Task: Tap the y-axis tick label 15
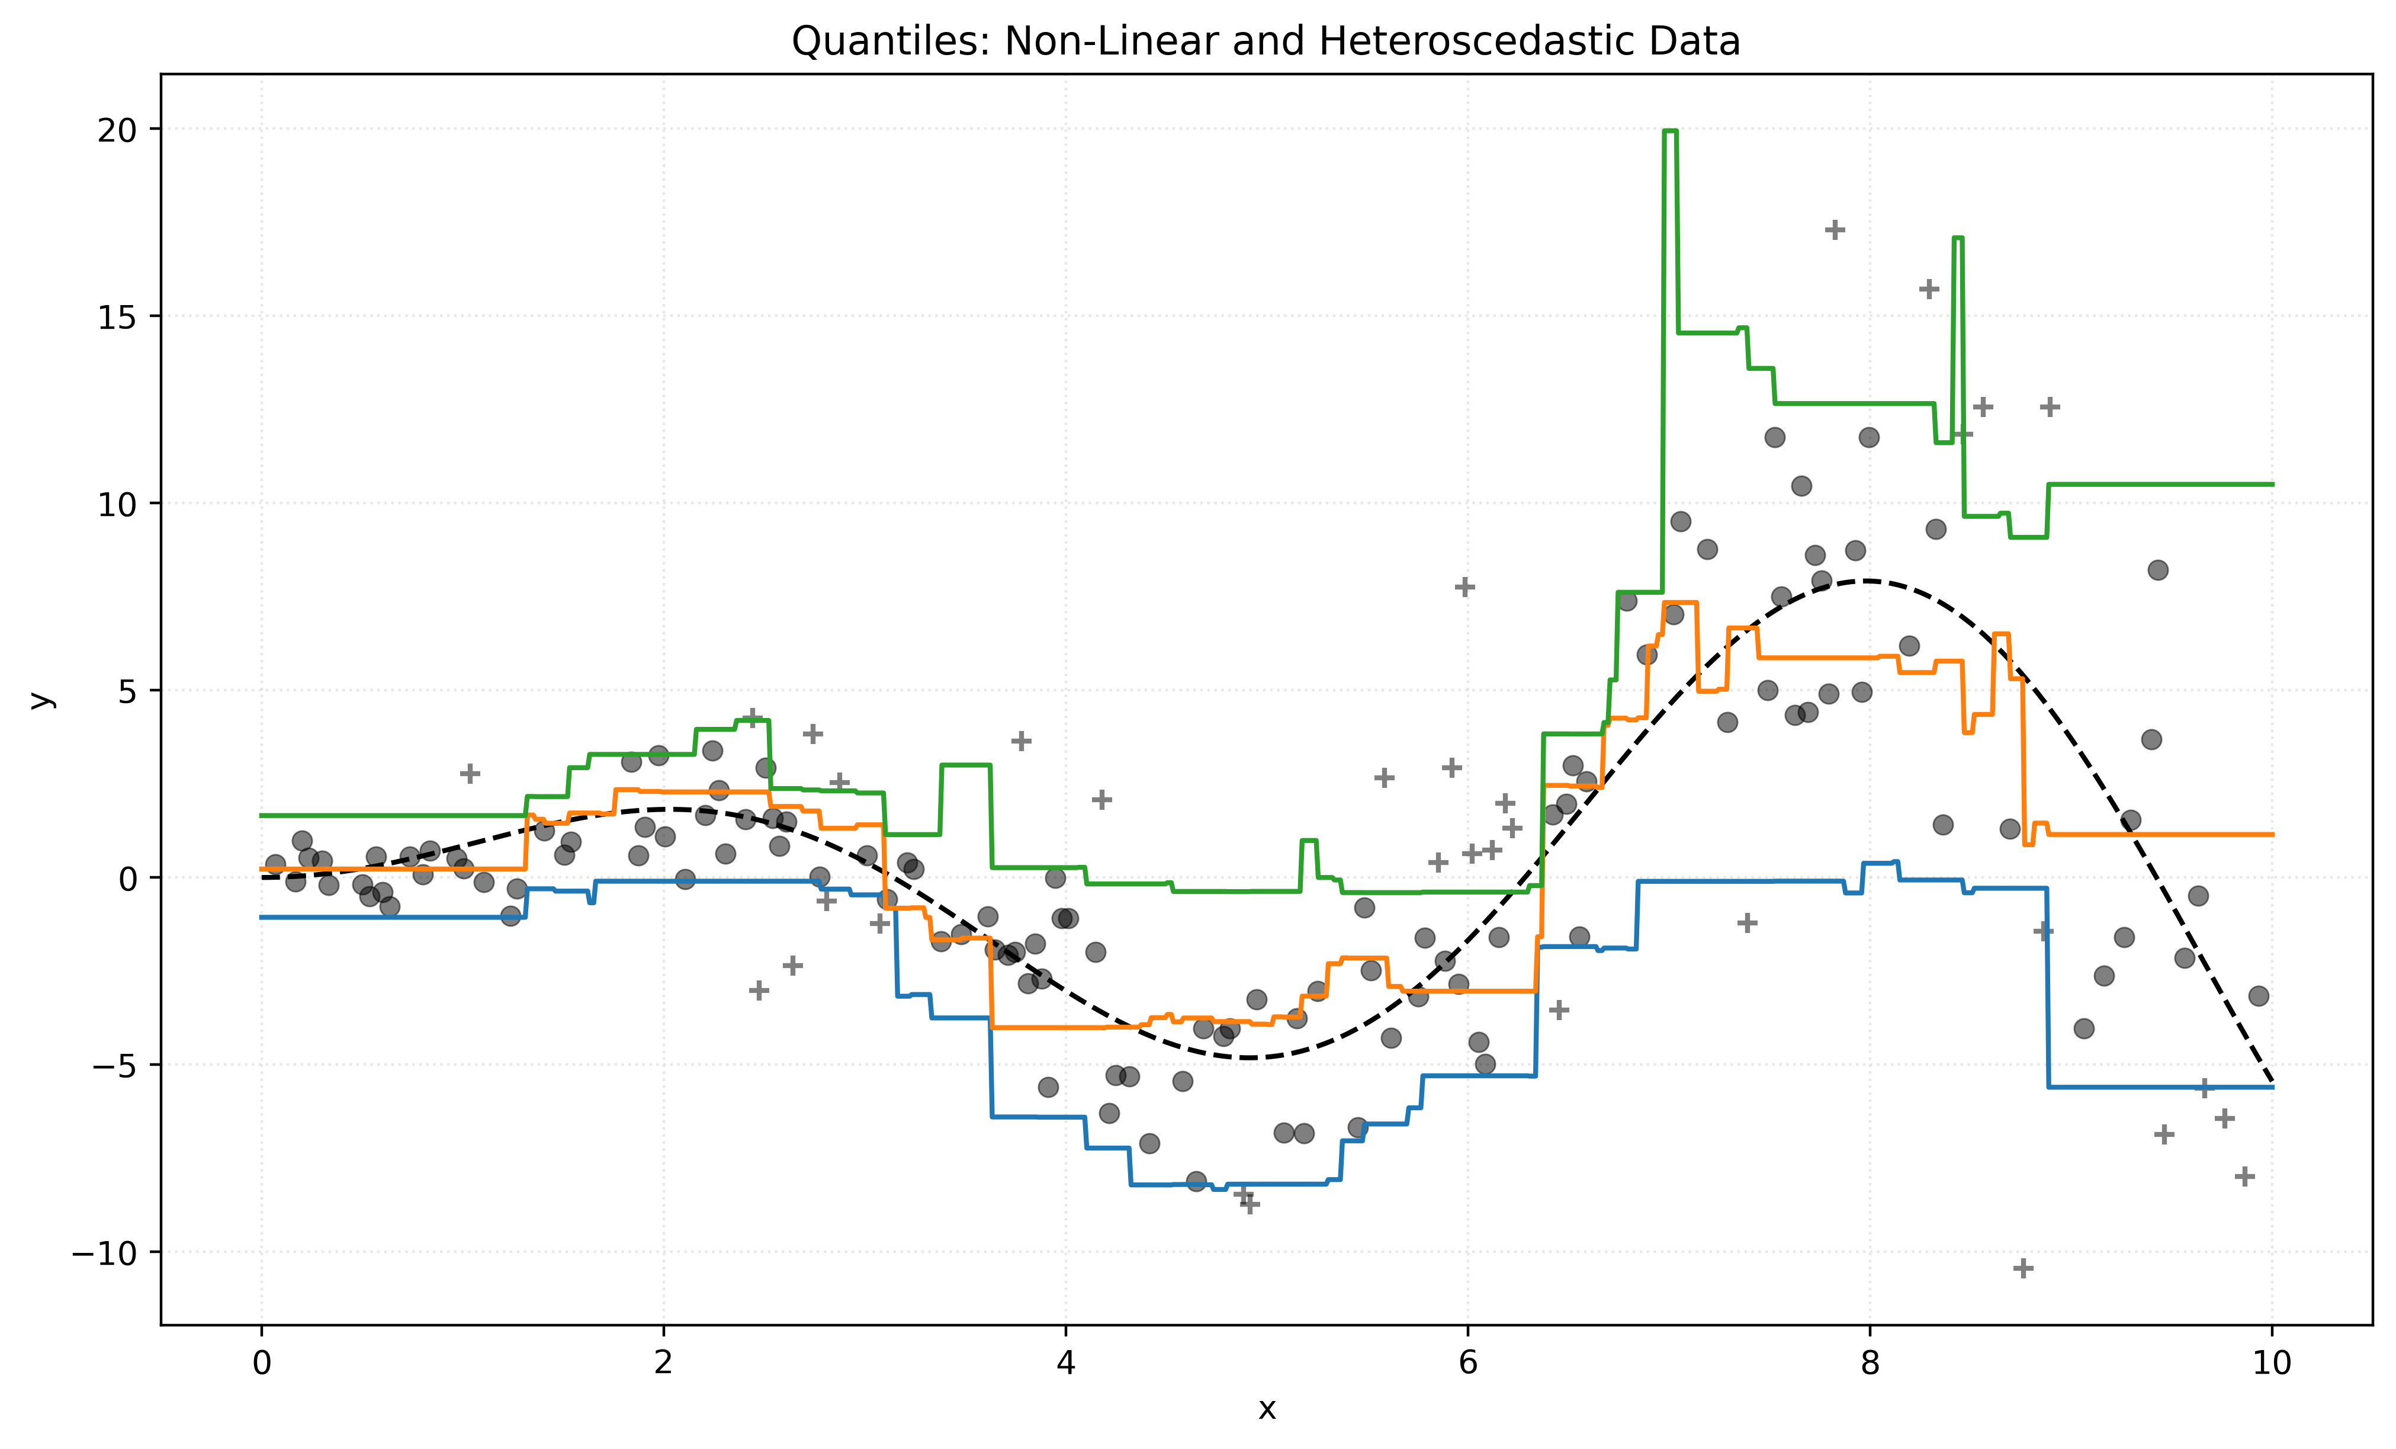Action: click(x=117, y=317)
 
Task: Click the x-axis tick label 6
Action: click(x=1468, y=1363)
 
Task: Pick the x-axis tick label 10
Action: click(x=2272, y=1363)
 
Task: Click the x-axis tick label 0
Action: click(x=262, y=1363)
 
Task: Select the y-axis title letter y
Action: click(x=40, y=699)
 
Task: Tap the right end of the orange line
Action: click(x=2272, y=835)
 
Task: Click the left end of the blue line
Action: click(x=262, y=917)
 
